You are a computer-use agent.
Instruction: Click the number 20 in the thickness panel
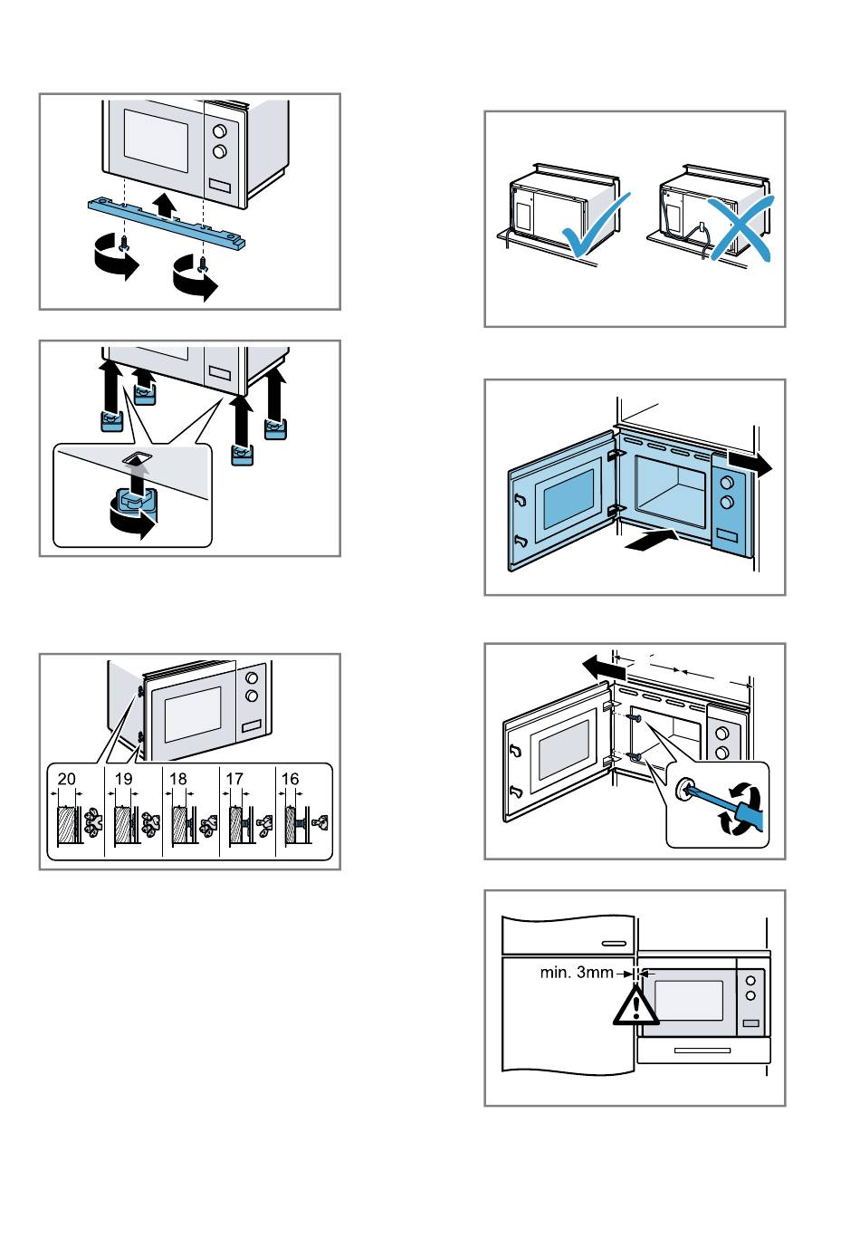click(67, 779)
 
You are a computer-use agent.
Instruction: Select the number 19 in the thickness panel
click(124, 779)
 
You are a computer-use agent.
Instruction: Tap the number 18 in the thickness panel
click(178, 779)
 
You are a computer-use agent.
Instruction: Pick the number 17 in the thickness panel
click(234, 779)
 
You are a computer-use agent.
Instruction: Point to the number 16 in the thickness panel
click(290, 779)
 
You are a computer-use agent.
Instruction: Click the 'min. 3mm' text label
click(577, 974)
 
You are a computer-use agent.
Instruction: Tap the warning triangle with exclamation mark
click(635, 1006)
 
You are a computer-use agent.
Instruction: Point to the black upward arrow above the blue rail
click(163, 201)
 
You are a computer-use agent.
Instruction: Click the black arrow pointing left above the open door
click(603, 668)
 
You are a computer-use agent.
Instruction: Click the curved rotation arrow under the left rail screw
click(115, 262)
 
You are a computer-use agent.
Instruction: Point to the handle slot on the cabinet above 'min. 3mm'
click(615, 943)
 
